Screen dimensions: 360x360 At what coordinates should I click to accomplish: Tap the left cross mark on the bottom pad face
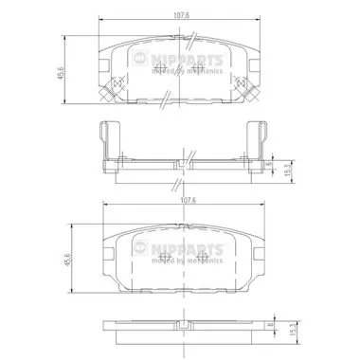(164, 259)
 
